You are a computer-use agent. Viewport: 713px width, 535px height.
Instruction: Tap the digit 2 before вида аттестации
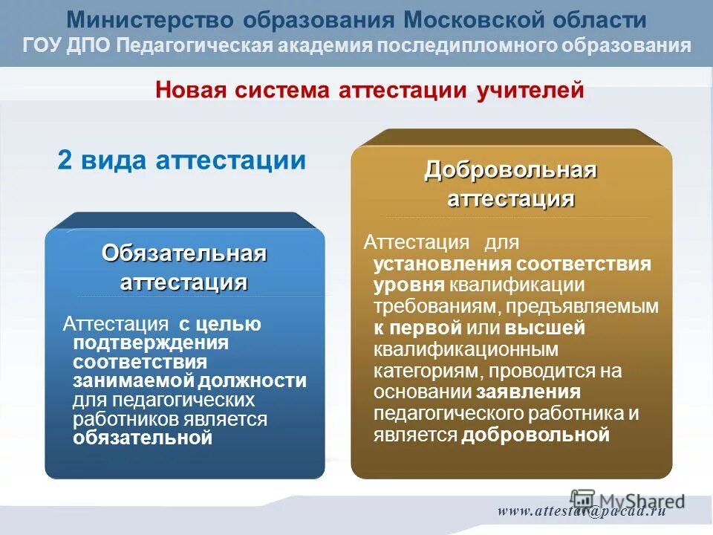(x=65, y=160)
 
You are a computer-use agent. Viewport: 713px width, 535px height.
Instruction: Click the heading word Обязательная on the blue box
(x=184, y=253)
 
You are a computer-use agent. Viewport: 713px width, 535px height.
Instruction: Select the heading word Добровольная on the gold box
(x=511, y=170)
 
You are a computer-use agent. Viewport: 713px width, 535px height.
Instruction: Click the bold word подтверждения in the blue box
(x=150, y=343)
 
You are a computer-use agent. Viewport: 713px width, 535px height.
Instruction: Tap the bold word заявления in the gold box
(x=529, y=392)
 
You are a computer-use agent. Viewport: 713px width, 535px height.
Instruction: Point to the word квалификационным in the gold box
(x=466, y=349)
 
